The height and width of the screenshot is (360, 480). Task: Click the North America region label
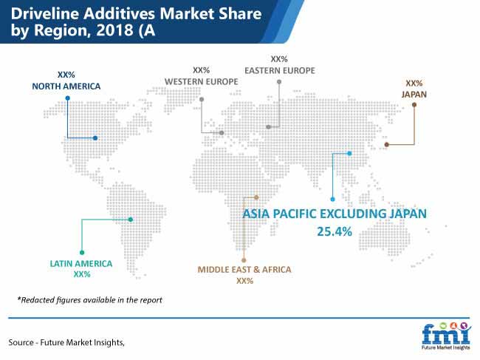[66, 86]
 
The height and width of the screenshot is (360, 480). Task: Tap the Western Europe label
[201, 81]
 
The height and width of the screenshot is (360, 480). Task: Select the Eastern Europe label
[279, 70]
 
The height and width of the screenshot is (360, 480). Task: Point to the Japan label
[414, 95]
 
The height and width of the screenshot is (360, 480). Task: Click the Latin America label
[81, 263]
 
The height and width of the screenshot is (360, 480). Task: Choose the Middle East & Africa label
[244, 270]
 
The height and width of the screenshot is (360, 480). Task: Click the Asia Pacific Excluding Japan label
[335, 214]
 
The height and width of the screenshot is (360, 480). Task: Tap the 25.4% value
[335, 231]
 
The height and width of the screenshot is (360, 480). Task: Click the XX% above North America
[66, 75]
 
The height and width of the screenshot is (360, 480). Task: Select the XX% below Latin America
[82, 274]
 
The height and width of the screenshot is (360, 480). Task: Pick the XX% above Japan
[414, 83]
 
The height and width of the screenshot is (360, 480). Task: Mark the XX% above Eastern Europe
[279, 59]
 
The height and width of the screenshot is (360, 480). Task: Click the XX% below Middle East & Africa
[244, 281]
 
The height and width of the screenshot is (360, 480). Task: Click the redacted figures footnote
[89, 299]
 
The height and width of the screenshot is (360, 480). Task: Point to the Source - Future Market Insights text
[66, 342]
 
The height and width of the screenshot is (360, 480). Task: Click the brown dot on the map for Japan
[387, 144]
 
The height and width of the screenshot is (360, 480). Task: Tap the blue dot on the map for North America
[95, 138]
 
